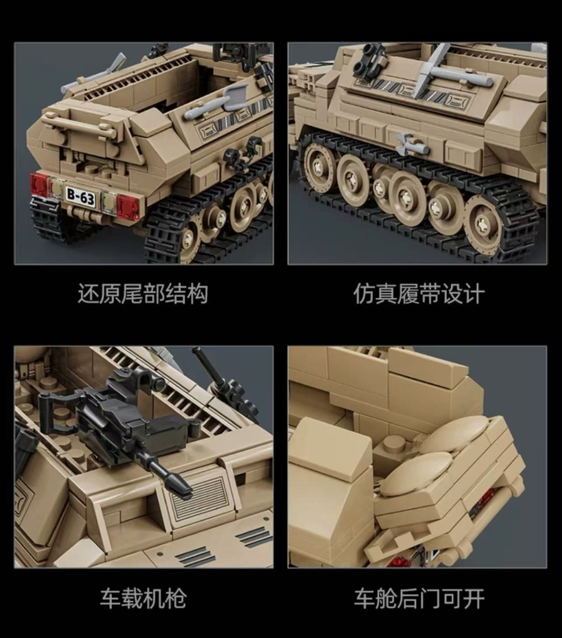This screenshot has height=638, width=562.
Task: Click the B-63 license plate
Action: [x=80, y=198]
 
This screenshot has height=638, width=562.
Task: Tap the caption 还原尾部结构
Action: [x=143, y=294]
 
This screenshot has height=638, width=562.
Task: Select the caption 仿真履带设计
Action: [x=419, y=294]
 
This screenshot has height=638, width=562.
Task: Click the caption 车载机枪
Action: [x=143, y=599]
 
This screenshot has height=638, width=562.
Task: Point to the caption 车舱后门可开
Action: [x=419, y=599]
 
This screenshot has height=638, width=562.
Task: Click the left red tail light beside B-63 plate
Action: [x=39, y=184]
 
